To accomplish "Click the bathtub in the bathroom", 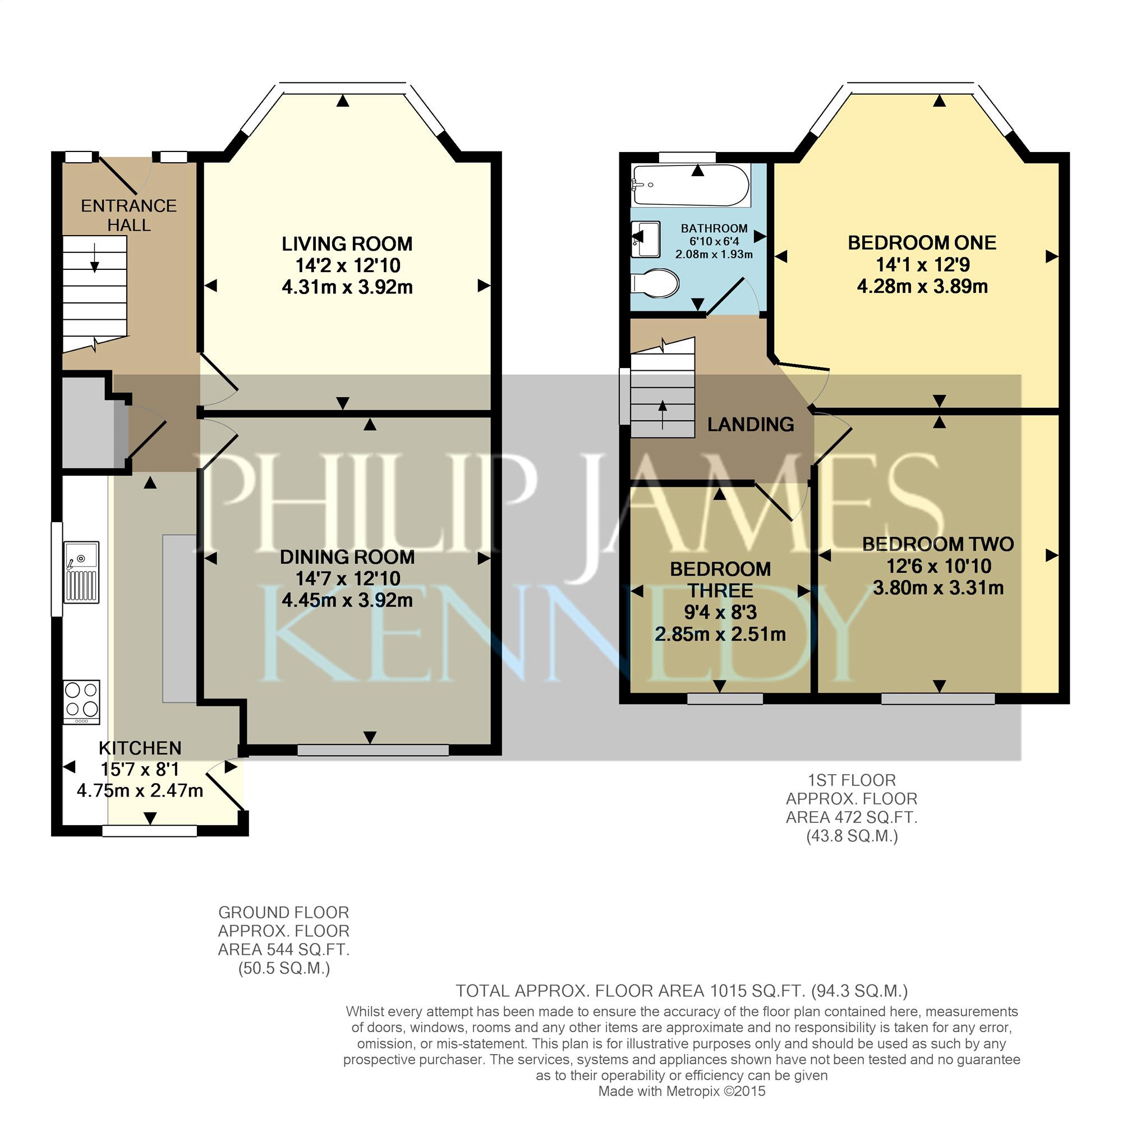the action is tap(691, 185).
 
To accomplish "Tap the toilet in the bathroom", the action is tap(656, 283).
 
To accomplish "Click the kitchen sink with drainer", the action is tap(82, 572).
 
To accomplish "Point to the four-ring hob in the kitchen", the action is tap(82, 702).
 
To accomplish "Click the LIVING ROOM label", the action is tap(347, 243).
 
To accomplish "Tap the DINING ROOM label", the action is tap(347, 557).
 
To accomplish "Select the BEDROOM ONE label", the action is tap(922, 242).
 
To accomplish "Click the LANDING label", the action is tap(750, 424).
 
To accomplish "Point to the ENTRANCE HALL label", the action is tap(129, 215).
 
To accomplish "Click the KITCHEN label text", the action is tap(140, 748).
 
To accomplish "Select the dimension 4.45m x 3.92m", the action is tap(347, 600).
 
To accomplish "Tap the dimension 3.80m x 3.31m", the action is tap(939, 587).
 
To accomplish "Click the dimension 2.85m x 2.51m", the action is tap(720, 634).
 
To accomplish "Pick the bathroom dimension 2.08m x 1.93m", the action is tap(714, 255).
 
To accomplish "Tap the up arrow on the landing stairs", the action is tap(663, 415).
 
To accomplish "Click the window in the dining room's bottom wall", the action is tap(373, 749).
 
